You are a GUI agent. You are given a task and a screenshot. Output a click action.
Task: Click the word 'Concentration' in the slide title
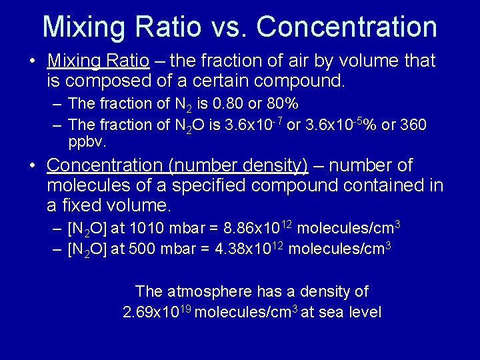click(347, 27)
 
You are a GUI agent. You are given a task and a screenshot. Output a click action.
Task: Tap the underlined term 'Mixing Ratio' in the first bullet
click(99, 61)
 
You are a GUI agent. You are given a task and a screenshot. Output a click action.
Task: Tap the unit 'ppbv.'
click(87, 142)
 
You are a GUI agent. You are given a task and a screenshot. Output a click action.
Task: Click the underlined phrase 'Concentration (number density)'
click(177, 165)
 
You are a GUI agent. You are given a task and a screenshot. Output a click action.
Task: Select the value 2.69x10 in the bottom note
click(149, 312)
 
